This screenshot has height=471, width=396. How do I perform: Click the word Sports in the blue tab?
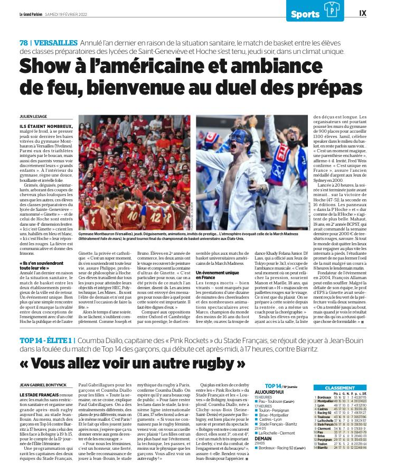[x=305, y=14]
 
